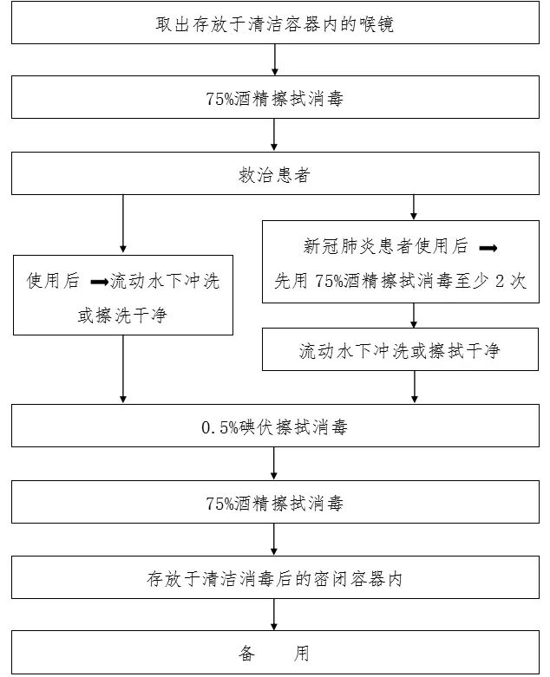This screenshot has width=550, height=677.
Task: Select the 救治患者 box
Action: [x=274, y=175]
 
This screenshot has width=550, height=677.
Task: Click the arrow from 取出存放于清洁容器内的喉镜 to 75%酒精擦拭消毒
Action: [x=275, y=60]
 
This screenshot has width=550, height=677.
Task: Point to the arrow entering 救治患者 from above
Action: [x=275, y=135]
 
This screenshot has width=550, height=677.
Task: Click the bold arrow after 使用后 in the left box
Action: [x=99, y=282]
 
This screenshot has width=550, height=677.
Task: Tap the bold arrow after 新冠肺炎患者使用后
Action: [x=488, y=247]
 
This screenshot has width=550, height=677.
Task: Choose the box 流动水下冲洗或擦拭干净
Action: [x=399, y=350]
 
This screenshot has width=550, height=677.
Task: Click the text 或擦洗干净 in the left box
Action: [x=121, y=316]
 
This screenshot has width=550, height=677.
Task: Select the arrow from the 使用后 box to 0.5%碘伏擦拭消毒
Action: [x=122, y=368]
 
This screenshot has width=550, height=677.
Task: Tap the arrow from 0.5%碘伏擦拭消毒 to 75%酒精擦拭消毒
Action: [x=275, y=465]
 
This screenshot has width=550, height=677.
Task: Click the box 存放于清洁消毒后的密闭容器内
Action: [x=274, y=577]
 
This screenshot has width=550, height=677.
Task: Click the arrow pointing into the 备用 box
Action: [x=275, y=615]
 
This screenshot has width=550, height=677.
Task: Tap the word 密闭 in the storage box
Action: [x=340, y=578]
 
